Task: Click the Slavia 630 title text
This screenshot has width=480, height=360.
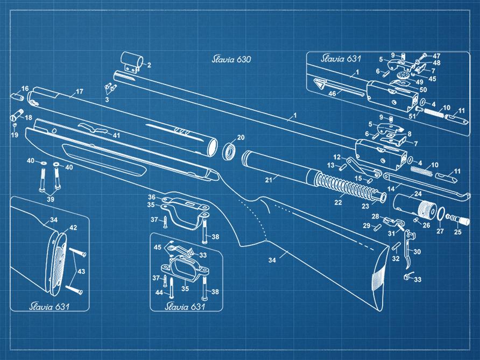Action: coord(231,59)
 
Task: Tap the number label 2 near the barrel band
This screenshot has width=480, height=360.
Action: coord(149,65)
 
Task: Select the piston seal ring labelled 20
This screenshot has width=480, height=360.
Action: coord(229,150)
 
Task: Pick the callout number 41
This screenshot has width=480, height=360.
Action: coord(116,135)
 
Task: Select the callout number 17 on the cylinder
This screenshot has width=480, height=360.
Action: coord(79,91)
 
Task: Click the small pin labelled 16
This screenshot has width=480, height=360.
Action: coord(17,97)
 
